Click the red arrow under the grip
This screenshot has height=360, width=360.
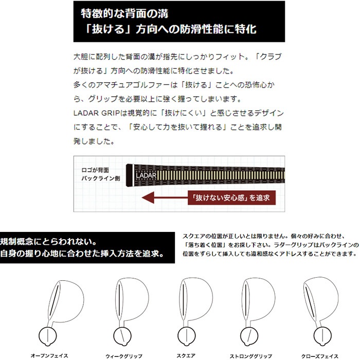point(165,196)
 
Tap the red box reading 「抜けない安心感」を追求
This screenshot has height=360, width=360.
point(230,196)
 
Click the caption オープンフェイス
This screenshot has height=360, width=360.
point(49,355)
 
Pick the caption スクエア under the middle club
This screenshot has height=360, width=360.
point(187,355)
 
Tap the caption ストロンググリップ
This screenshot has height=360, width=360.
point(250,355)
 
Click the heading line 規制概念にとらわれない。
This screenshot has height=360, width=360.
point(49,241)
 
